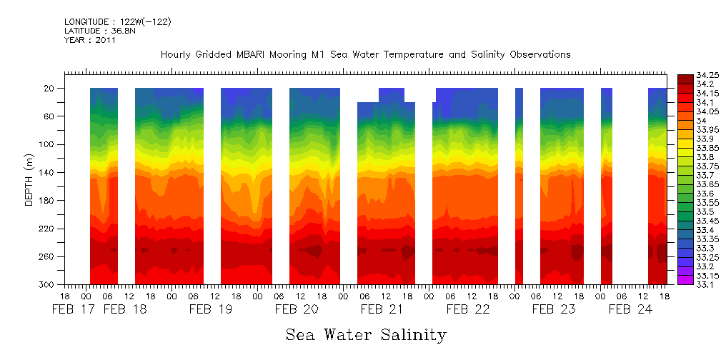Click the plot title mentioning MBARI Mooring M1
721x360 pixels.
pyautogui.click(x=365, y=55)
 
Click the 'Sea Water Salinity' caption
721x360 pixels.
pyautogui.click(x=366, y=334)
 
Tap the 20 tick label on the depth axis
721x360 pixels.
pyautogui.click(x=51, y=89)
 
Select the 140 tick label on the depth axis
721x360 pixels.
pyautogui.click(x=49, y=173)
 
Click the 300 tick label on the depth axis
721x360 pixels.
pyautogui.click(x=49, y=285)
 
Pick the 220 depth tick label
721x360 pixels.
pyautogui.click(x=49, y=229)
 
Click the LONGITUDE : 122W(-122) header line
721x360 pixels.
pyautogui.click(x=117, y=22)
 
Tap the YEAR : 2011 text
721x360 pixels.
pyautogui.click(x=89, y=41)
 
